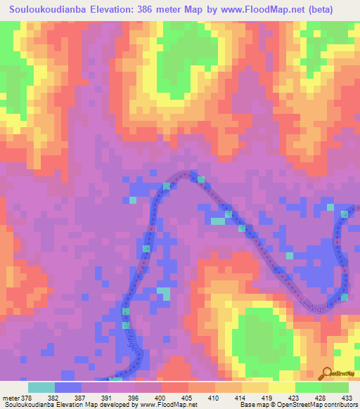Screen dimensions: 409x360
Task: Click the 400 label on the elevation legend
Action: tap(161, 398)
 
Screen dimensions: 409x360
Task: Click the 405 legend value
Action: tap(188, 398)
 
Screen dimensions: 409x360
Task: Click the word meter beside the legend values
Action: tap(12, 398)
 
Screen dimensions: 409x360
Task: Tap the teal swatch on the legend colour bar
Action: tap(41, 387)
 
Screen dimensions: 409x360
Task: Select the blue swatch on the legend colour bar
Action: tap(68, 387)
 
